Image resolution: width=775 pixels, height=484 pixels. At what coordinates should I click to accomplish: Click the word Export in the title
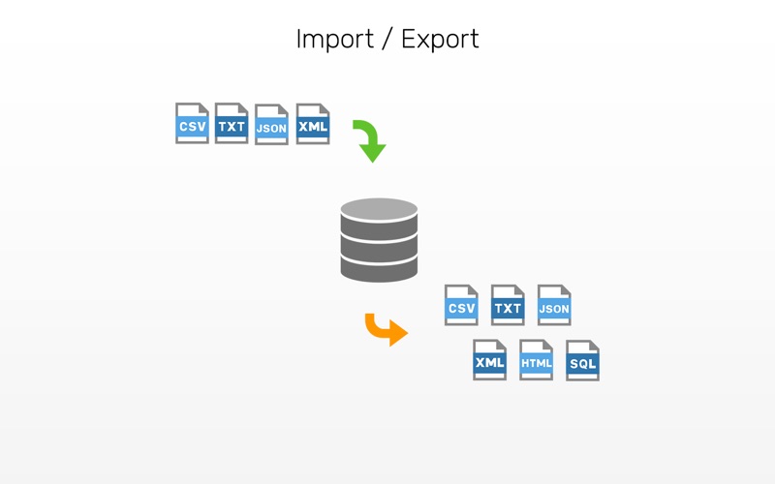[x=440, y=40]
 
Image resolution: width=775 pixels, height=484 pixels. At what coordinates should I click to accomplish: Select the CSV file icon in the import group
[x=192, y=124]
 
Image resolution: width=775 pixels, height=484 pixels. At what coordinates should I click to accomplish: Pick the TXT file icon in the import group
[x=232, y=124]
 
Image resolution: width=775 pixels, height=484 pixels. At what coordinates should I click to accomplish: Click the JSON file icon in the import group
[x=271, y=125]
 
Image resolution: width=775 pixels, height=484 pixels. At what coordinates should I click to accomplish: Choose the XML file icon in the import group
[x=313, y=124]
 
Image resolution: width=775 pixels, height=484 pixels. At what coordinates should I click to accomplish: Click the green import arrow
[x=370, y=140]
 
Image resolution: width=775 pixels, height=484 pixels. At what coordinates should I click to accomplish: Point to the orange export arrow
[x=386, y=328]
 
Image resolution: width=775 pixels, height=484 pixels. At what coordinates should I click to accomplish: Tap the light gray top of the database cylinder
[x=379, y=207]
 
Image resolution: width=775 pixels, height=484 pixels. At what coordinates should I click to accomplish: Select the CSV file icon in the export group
[x=461, y=305]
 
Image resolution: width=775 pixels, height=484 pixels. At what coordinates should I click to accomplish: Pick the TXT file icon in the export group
[x=508, y=305]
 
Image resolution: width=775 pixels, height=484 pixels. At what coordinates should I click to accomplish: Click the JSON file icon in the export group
[x=554, y=305]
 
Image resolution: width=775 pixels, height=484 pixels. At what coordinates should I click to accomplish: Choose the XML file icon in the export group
[x=489, y=359]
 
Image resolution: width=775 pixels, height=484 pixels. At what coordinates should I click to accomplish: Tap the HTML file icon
[x=536, y=359]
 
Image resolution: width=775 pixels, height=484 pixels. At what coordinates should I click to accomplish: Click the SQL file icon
[x=582, y=360]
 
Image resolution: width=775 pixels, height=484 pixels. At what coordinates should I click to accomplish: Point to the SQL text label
[x=582, y=365]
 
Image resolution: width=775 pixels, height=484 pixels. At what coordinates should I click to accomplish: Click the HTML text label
[x=536, y=364]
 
